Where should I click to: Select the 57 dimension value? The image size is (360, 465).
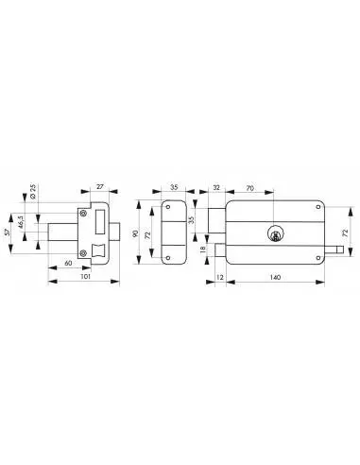click(x=9, y=231)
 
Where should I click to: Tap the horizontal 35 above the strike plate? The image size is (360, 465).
click(x=174, y=190)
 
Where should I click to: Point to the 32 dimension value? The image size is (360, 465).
click(x=215, y=190)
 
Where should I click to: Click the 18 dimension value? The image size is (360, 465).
click(x=205, y=250)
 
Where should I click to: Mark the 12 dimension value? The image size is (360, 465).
click(x=220, y=278)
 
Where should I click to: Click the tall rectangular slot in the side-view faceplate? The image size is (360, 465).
click(x=102, y=218)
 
